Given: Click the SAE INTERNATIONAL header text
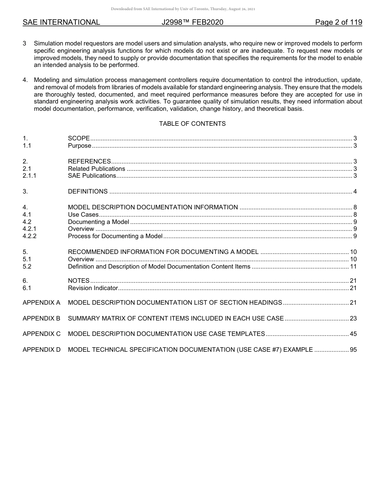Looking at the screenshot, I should click(x=61, y=22).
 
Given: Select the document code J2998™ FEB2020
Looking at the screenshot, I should click(x=192, y=22).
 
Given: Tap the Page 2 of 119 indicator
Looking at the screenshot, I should click(x=338, y=22).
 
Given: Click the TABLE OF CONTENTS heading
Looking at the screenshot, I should click(x=192, y=124).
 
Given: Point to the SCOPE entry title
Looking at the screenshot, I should click(x=79, y=139).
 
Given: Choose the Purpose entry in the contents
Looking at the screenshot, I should click(x=79, y=146).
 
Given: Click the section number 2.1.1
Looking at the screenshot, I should click(x=30, y=176).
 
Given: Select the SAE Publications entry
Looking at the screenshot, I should click(x=92, y=176).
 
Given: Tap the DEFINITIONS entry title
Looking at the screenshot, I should click(x=88, y=191).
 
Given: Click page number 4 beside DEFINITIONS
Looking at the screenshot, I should click(x=355, y=191).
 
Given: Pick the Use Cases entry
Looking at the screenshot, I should click(x=83, y=215).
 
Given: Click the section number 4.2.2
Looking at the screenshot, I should click(x=30, y=236).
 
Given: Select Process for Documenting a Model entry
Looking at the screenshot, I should click(x=115, y=236).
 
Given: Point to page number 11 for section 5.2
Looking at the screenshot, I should click(x=353, y=267).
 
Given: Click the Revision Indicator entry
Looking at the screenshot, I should click(x=93, y=288).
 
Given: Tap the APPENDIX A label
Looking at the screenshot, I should click(x=41, y=303).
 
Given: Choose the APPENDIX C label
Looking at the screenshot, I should click(x=41, y=334).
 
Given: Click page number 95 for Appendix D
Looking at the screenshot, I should click(x=353, y=349).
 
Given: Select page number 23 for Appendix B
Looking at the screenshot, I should click(x=353, y=318).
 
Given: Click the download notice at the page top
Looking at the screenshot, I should click(x=183, y=9).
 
